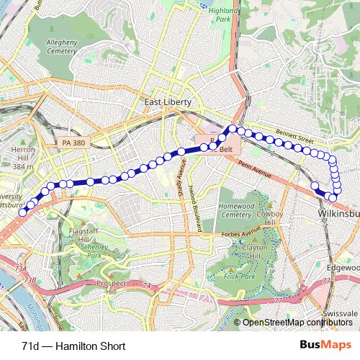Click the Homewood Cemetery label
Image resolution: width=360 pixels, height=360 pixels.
point(237,210)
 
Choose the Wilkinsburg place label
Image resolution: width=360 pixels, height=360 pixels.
point(338,215)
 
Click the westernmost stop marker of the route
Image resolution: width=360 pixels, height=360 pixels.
point(23,212)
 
